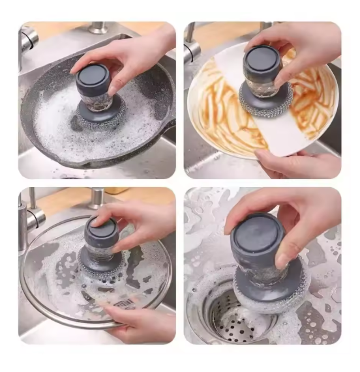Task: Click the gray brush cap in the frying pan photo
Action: coord(93,77)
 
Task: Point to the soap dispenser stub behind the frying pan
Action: coord(98,28)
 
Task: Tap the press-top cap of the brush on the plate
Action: coord(261,62)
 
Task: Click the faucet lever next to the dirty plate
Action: coord(191,49)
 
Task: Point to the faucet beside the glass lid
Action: coord(29,212)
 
